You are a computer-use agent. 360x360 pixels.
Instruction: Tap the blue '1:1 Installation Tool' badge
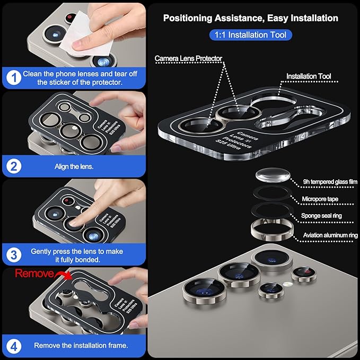tap(250, 36)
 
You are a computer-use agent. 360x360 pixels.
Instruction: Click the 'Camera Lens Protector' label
tap(188, 58)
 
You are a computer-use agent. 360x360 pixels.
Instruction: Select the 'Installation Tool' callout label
tap(309, 76)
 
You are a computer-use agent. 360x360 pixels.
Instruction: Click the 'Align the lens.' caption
tap(74, 166)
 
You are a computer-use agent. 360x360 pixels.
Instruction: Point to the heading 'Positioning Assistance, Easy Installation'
tap(250, 18)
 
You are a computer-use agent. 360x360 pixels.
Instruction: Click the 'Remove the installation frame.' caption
tap(81, 346)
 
